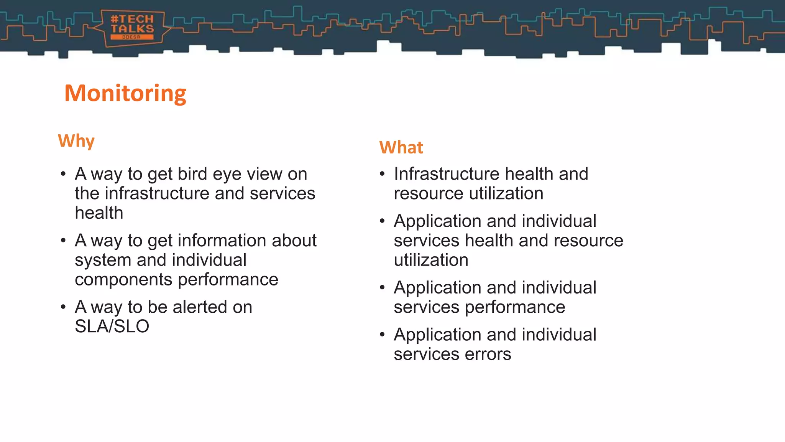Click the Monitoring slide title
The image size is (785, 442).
[x=125, y=93]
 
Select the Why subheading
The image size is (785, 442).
[x=76, y=141]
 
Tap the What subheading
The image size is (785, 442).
[x=401, y=147]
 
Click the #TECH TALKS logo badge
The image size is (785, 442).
[x=132, y=28]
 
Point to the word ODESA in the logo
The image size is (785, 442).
[x=131, y=37]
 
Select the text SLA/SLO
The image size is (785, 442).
[x=112, y=326]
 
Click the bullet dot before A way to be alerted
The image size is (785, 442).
[x=63, y=307]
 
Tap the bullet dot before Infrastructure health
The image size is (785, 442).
[x=382, y=174]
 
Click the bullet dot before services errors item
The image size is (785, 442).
[x=382, y=335]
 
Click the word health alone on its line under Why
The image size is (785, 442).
[x=99, y=213]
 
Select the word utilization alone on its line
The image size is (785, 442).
[x=431, y=260]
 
